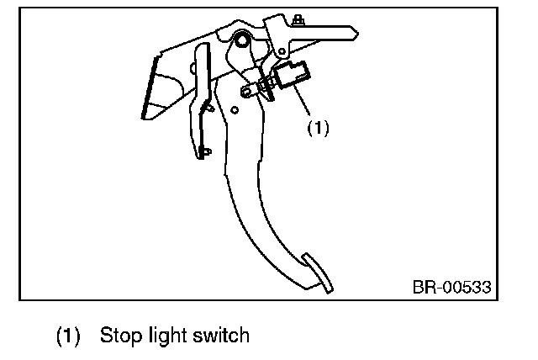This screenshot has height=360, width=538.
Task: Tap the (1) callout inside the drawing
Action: click(317, 128)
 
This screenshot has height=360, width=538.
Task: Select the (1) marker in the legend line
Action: click(68, 336)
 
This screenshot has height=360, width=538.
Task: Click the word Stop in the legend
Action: click(118, 336)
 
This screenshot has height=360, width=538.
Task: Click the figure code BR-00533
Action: click(451, 287)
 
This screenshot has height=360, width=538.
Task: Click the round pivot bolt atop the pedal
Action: click(241, 40)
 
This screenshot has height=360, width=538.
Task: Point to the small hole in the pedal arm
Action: click(235, 109)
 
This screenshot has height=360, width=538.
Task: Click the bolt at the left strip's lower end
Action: click(207, 151)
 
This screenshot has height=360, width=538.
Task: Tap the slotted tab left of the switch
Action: click(251, 87)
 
